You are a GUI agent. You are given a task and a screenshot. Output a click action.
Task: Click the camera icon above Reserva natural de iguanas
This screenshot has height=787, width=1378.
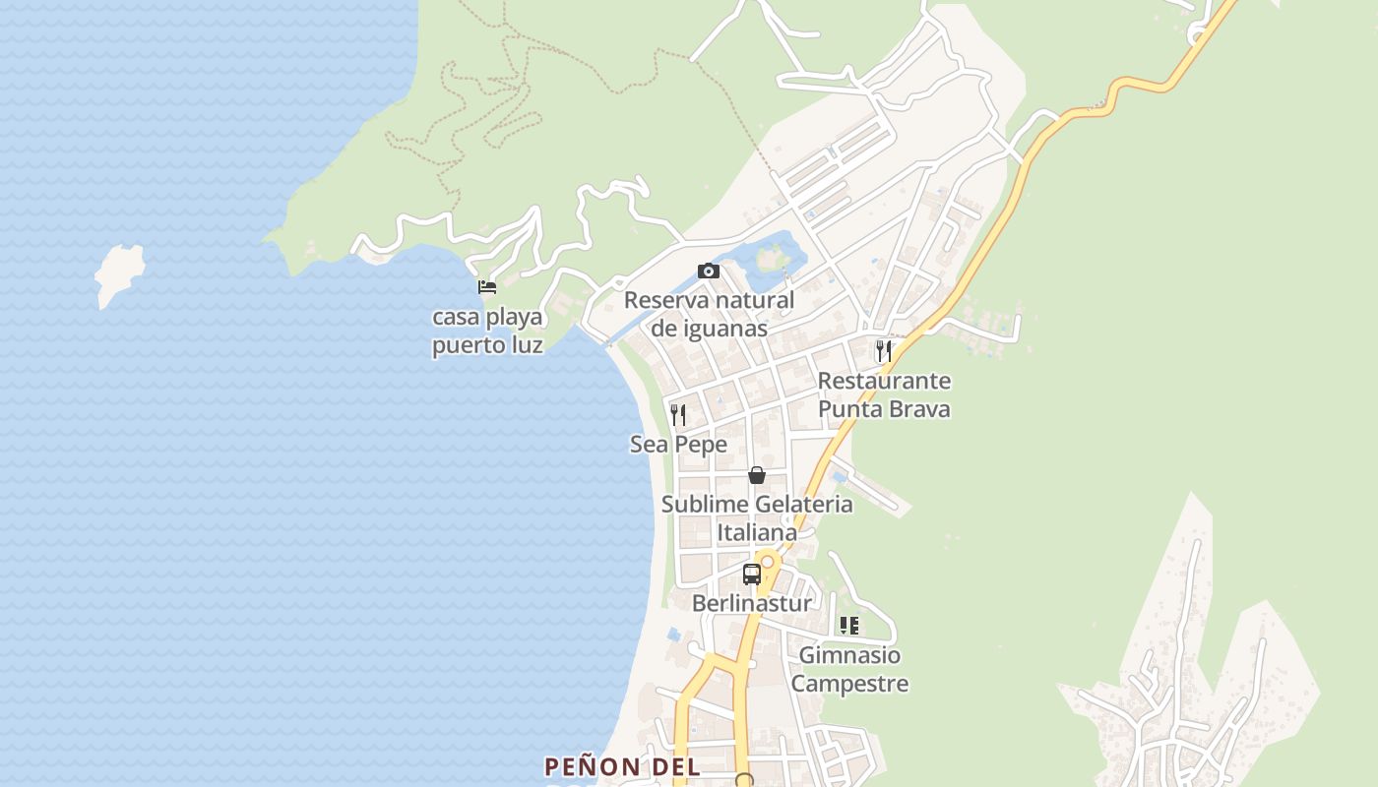(709, 271)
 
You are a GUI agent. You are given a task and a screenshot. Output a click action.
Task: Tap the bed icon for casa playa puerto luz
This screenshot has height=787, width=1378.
(487, 287)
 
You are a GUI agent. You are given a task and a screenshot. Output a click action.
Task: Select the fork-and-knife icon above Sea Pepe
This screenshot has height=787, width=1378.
(678, 414)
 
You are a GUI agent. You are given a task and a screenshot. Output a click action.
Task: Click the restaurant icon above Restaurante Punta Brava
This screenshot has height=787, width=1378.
(884, 351)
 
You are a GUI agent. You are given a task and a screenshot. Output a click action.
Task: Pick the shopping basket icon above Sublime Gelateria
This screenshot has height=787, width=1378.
(757, 475)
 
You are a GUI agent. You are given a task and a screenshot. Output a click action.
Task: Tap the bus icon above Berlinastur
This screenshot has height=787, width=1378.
(752, 574)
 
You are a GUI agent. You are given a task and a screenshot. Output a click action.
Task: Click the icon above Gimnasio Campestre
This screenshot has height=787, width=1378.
(849, 626)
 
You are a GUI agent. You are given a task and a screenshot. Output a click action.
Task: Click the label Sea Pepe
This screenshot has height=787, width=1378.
(678, 445)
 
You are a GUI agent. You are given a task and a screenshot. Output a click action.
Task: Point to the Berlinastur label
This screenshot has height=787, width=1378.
(752, 603)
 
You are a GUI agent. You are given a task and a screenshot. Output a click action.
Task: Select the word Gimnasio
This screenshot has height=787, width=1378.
(849, 655)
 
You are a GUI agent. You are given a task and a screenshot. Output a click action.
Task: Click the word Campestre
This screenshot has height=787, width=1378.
(849, 683)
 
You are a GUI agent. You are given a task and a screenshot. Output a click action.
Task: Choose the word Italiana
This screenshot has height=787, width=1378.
(757, 532)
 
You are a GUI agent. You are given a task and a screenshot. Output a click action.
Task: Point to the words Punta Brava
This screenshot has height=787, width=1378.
(884, 408)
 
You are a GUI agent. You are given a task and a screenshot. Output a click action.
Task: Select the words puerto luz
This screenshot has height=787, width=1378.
(487, 345)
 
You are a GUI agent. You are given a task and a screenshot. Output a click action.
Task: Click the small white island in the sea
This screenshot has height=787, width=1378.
(119, 273)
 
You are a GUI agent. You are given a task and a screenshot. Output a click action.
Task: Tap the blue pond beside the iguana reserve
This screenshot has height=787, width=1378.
(778, 254)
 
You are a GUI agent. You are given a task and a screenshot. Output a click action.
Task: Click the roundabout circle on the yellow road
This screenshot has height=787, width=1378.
(767, 562)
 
